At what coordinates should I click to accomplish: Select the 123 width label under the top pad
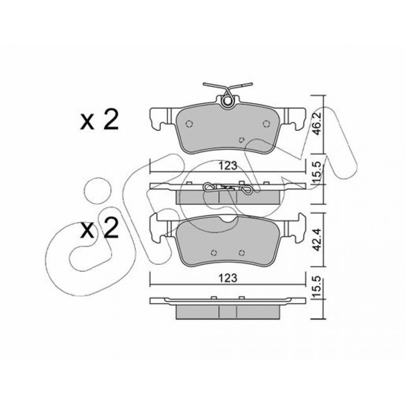[228, 166]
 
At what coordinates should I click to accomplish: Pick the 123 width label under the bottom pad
[228, 278]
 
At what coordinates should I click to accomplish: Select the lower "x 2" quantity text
[100, 228]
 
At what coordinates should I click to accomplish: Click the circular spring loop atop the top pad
[228, 101]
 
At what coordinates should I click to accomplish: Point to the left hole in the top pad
[189, 124]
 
